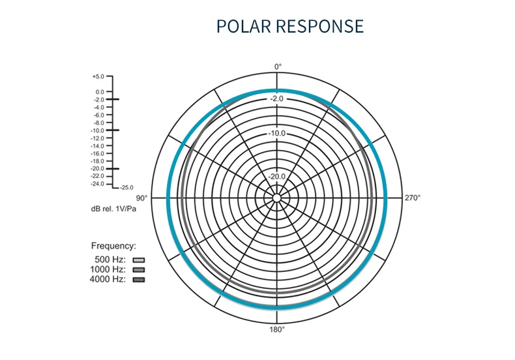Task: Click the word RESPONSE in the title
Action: [x=319, y=26]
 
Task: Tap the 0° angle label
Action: [x=278, y=67]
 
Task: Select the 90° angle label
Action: [x=141, y=198]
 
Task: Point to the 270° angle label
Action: [x=413, y=198]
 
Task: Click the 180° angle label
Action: [x=277, y=329]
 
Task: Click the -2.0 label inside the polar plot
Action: [x=277, y=98]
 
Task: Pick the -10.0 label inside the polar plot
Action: [x=277, y=134]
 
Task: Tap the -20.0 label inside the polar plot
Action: [x=277, y=176]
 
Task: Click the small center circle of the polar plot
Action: [x=277, y=197]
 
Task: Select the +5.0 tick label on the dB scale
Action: [x=98, y=76]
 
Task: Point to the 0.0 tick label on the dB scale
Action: [x=100, y=92]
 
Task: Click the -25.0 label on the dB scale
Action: [x=126, y=188]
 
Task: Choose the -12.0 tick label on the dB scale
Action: [x=98, y=138]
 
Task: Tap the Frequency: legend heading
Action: [x=113, y=247]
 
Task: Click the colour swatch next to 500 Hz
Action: [x=138, y=260]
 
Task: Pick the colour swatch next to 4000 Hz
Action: [x=138, y=280]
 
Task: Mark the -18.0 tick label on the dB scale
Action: [x=98, y=161]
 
